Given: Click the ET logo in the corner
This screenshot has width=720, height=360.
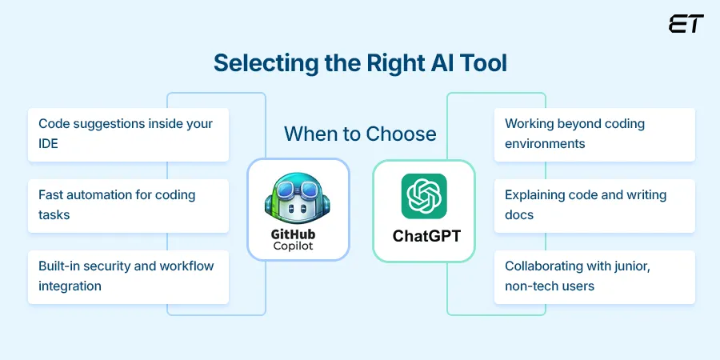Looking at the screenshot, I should click(686, 24).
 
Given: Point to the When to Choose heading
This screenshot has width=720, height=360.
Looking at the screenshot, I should click(360, 133).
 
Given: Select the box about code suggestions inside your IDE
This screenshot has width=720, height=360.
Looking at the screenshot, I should click(129, 134).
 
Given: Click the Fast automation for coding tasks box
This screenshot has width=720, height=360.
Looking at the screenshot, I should click(129, 205).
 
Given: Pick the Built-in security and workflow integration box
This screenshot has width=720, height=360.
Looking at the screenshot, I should click(129, 276).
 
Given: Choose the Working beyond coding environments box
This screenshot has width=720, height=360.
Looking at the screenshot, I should click(594, 134).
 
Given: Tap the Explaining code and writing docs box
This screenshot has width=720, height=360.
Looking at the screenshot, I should click(594, 205).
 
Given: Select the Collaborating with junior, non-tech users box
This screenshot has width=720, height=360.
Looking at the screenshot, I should click(594, 276).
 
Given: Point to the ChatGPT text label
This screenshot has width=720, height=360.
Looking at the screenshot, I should click(424, 236).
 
